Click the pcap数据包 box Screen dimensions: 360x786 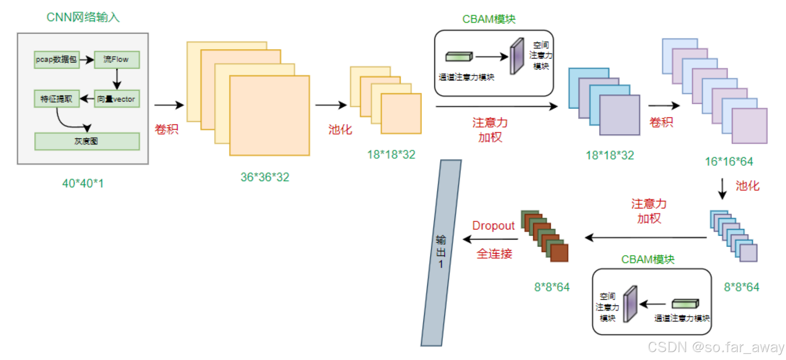click(57, 59)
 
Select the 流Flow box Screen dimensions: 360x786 click(116, 59)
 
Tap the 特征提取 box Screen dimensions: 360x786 click(57, 99)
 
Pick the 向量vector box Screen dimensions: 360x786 click(116, 99)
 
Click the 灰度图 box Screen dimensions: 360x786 click(87, 141)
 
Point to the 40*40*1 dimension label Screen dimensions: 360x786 click(83, 183)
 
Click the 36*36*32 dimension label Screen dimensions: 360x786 click(265, 177)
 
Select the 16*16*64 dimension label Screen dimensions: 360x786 click(729, 162)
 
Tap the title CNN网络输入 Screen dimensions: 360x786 click(83, 17)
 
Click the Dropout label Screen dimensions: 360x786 click(493, 225)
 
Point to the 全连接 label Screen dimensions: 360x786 click(495, 254)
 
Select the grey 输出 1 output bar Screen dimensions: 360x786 click(441, 253)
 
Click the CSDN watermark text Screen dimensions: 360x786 click(715, 347)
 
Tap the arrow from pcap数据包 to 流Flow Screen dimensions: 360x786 click(87, 60)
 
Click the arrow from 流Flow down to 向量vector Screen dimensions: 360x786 click(116, 79)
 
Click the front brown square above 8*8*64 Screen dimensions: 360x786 click(559, 253)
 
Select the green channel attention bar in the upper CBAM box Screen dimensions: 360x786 click(459, 56)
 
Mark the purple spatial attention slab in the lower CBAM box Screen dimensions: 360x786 click(630, 304)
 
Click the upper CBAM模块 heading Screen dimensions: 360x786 click(489, 19)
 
